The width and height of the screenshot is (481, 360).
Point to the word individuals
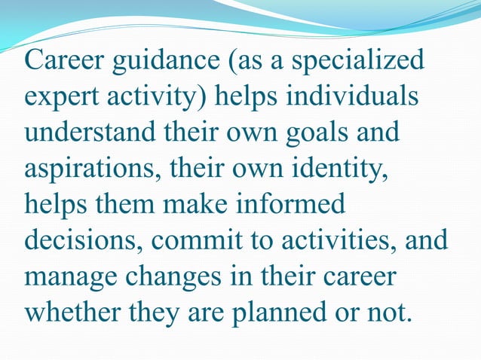click(354, 99)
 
